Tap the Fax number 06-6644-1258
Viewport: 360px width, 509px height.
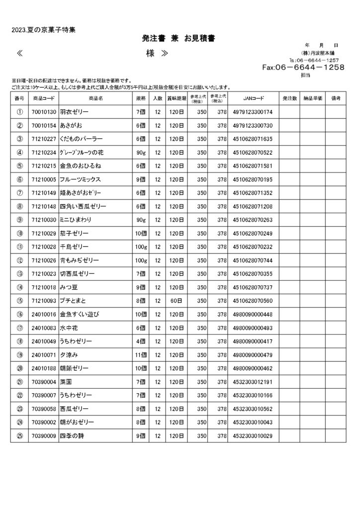click(x=303, y=68)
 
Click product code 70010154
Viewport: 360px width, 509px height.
click(x=43, y=126)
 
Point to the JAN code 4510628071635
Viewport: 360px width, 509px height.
click(x=252, y=139)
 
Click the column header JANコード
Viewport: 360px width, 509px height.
click(x=254, y=98)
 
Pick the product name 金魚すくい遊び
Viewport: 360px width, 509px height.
click(x=80, y=314)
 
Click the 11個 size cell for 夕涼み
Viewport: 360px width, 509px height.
click(x=141, y=354)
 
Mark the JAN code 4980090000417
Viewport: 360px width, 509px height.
click(x=252, y=341)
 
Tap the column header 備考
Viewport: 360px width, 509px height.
click(x=336, y=98)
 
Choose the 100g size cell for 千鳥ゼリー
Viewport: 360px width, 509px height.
click(x=141, y=247)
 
